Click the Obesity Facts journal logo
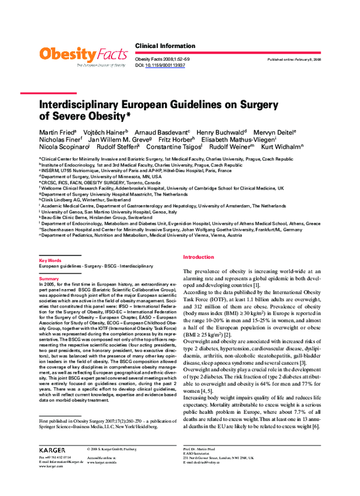pos(83,56)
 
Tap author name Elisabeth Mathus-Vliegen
pos(241,139)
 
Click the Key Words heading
pos(50,261)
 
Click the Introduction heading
pos(198,257)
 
